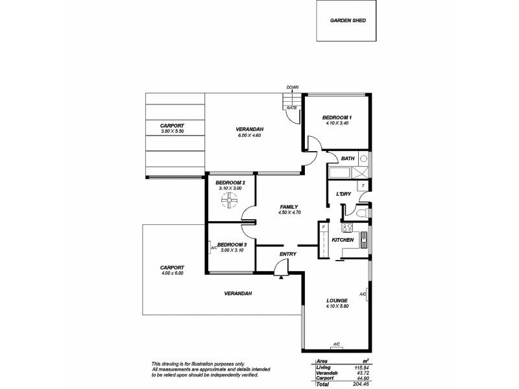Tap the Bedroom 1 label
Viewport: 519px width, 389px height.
pos(337,117)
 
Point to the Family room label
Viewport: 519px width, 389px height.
pos(287,206)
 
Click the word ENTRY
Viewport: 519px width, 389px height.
pos(288,253)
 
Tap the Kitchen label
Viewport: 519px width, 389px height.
pos(343,240)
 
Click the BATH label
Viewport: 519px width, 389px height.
pos(348,158)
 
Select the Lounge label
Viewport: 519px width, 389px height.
pos(337,301)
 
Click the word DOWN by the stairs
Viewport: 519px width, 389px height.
pos(293,87)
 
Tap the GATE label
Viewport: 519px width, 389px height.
pos(292,108)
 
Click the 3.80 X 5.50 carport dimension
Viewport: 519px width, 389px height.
pos(173,132)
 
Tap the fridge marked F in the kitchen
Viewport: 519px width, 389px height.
pos(322,227)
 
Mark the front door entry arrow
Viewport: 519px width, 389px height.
pos(281,276)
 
